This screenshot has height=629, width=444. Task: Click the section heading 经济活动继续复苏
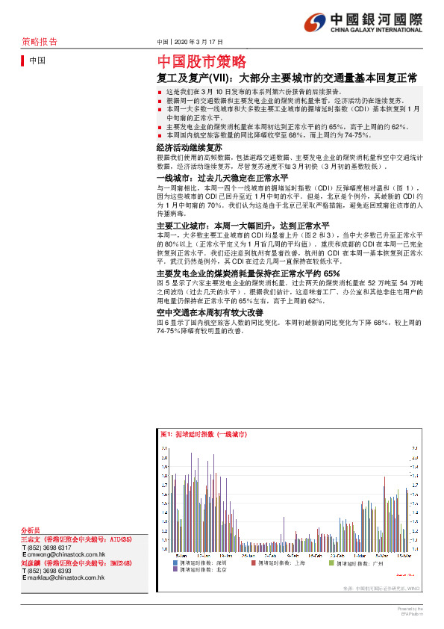(188, 149)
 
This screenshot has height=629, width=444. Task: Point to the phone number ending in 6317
(51, 547)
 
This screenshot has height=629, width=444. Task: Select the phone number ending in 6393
(51, 571)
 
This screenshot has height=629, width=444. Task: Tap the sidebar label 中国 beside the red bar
(37, 61)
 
